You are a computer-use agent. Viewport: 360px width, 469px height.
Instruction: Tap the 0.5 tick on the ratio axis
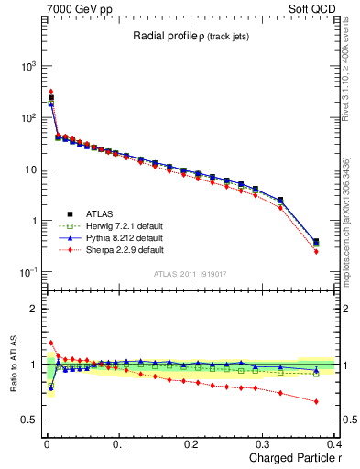pos(31,420)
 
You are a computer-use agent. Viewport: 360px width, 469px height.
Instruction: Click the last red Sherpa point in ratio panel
pos(316,401)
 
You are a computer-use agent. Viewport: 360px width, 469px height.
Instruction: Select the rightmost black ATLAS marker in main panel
pos(316,242)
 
